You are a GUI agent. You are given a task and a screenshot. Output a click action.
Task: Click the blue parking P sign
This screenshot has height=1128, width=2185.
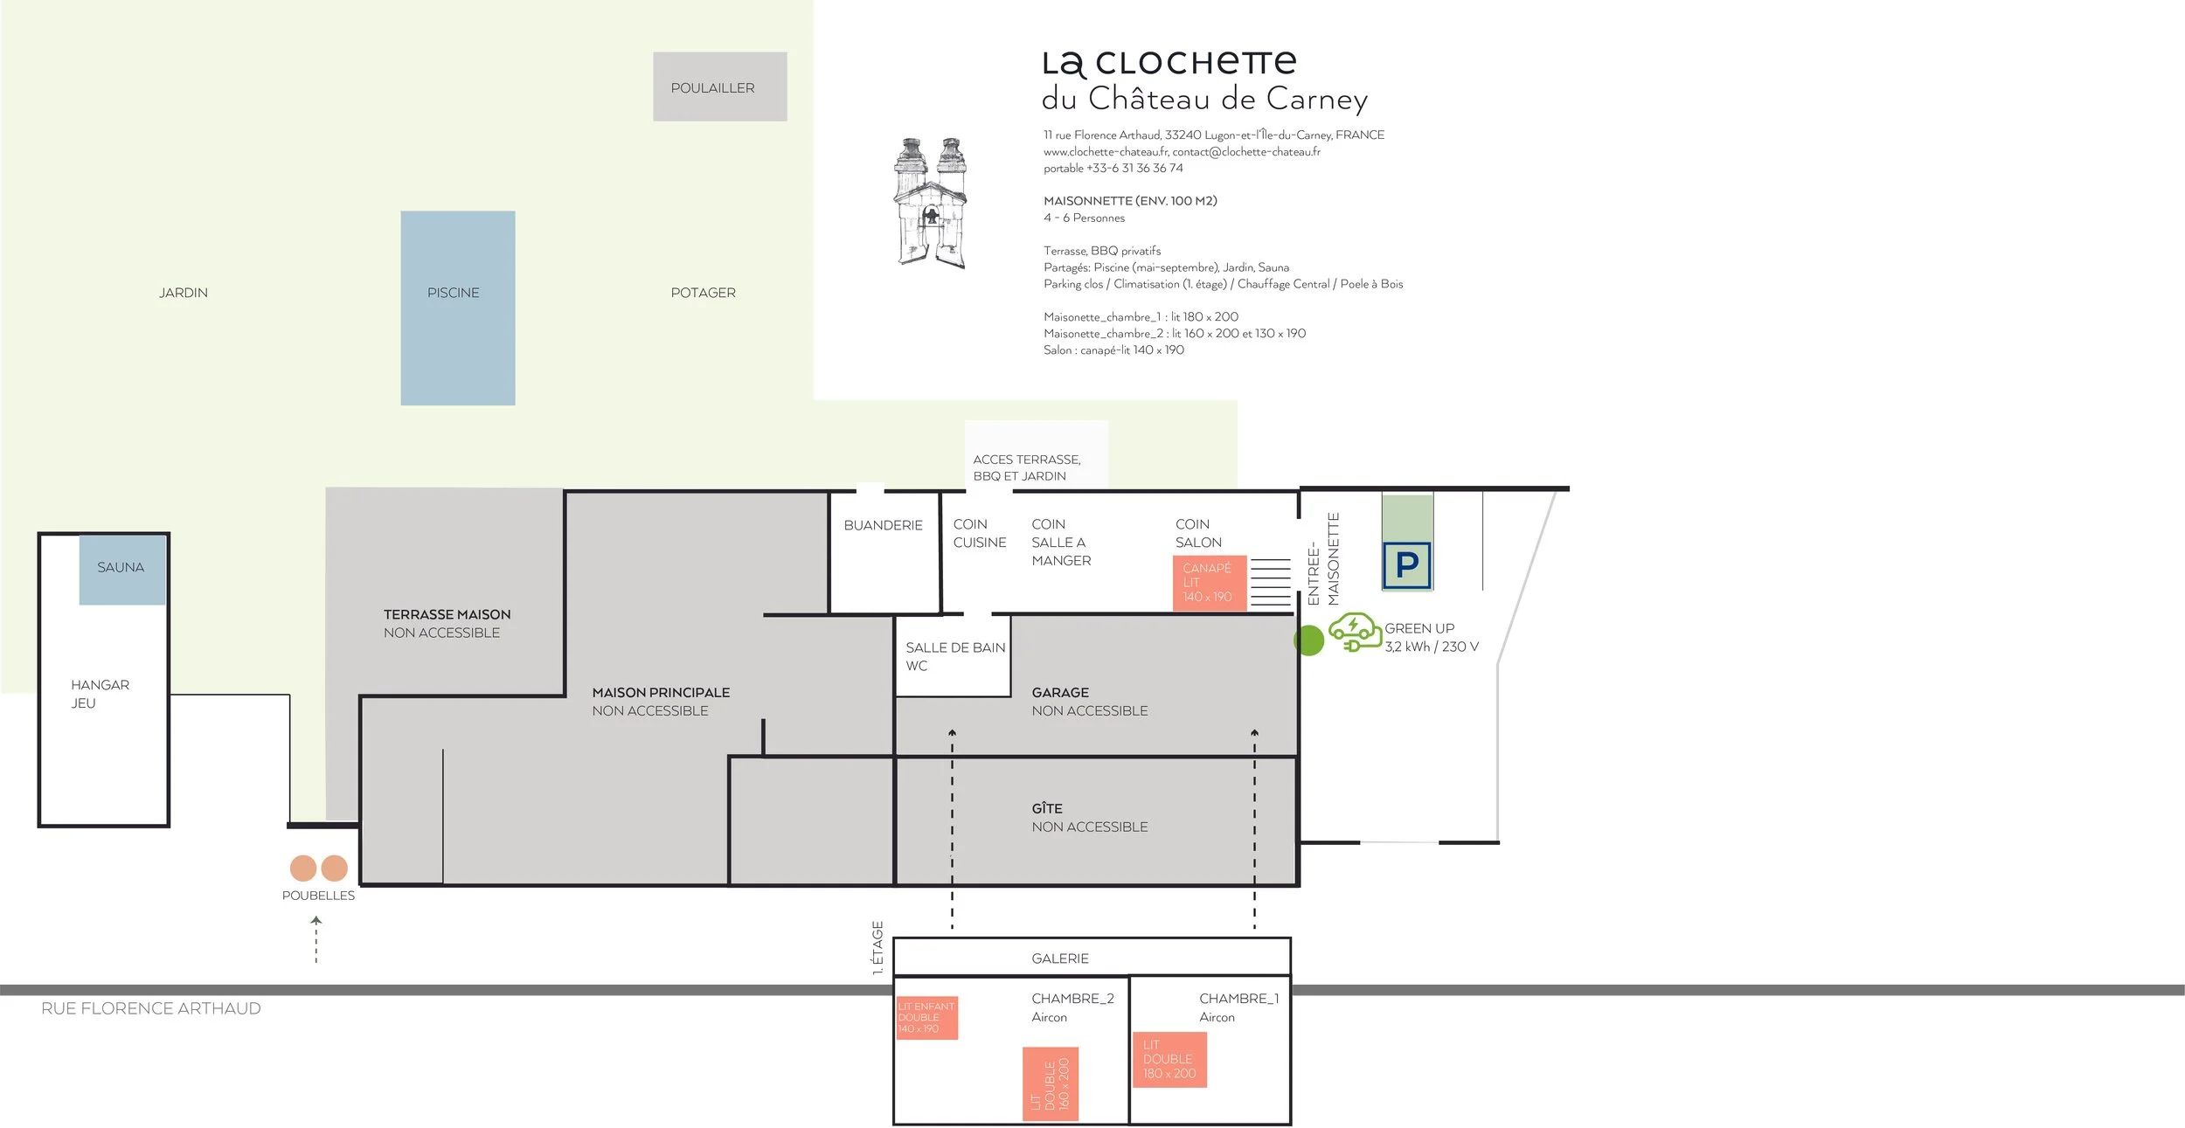click(x=1406, y=565)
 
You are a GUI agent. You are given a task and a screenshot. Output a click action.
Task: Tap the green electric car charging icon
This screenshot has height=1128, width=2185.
click(x=1355, y=633)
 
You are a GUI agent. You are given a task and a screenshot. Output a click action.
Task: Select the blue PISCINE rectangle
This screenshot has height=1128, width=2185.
click(x=458, y=308)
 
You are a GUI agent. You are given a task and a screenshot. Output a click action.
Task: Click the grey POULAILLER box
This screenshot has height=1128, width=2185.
click(x=720, y=87)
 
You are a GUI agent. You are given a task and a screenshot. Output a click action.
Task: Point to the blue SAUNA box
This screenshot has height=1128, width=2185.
click(x=122, y=569)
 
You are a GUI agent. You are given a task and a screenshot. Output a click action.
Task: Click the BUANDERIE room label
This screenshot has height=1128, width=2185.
click(x=883, y=525)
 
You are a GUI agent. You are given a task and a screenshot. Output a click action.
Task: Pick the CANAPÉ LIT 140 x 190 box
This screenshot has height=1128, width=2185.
click(x=1209, y=583)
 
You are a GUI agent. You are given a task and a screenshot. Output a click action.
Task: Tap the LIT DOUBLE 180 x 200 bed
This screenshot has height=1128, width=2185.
click(x=1169, y=1059)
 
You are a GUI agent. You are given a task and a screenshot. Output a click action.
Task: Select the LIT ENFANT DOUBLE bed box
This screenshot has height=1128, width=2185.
click(x=926, y=1018)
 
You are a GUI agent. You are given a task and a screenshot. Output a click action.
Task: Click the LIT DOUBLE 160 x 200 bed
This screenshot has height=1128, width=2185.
click(x=1051, y=1083)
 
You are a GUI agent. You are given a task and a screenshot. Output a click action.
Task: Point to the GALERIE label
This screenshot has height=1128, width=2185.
click(x=1060, y=958)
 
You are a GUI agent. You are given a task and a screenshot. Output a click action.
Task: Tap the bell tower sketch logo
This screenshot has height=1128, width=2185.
click(x=931, y=202)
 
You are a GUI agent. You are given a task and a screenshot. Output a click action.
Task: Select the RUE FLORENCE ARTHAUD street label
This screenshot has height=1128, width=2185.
click(x=151, y=1008)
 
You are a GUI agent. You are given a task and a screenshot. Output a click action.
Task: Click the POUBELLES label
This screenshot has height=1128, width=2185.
click(x=318, y=896)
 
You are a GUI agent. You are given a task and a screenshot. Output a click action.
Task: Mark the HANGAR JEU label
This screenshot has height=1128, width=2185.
click(x=100, y=694)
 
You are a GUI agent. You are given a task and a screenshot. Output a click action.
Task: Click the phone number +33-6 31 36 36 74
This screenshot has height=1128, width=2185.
click(x=1134, y=168)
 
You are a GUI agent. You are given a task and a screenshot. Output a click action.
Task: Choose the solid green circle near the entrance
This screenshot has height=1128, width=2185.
click(x=1309, y=640)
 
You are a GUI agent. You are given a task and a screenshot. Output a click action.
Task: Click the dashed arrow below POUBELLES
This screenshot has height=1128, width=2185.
click(x=316, y=939)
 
